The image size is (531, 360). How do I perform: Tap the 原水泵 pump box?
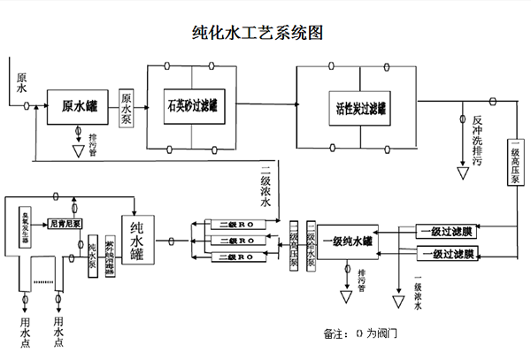click(127, 110)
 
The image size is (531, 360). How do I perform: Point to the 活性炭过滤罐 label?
click(360, 110)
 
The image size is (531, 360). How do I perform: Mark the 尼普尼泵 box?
click(66, 224)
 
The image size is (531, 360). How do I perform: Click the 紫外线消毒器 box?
click(109, 257)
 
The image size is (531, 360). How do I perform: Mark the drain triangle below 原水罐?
click(80, 151)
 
